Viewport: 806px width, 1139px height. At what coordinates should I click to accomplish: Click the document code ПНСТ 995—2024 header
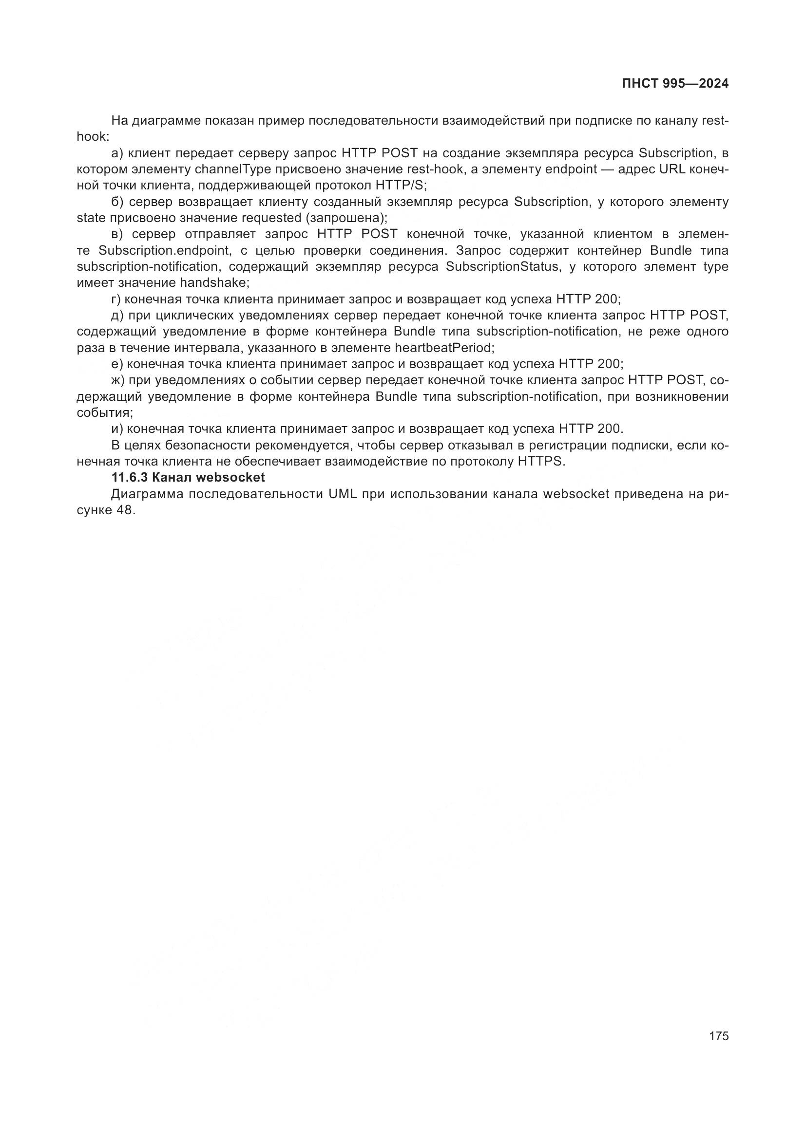(x=675, y=83)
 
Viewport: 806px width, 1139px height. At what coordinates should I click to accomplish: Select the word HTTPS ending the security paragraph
(x=541, y=461)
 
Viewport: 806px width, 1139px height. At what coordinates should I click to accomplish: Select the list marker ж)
(x=117, y=380)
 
